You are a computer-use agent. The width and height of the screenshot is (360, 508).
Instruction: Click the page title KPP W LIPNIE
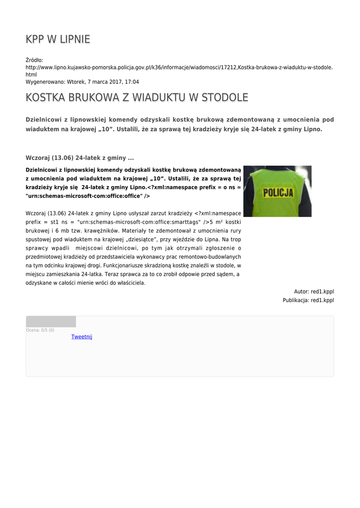[x=58, y=39]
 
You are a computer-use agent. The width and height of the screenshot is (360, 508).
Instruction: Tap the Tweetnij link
[x=81, y=337]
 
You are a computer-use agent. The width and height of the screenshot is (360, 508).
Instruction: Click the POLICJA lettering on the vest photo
[x=278, y=193]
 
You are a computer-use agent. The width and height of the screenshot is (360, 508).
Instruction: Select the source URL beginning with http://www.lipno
[x=179, y=66]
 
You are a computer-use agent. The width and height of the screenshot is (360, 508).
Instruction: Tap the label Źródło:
[x=34, y=60]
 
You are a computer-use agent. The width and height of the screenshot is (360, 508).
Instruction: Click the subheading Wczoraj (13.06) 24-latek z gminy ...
[x=79, y=158]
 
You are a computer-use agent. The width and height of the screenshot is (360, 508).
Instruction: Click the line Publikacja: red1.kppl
[x=308, y=300]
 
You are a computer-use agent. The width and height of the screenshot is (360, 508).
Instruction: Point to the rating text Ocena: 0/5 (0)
[x=40, y=330]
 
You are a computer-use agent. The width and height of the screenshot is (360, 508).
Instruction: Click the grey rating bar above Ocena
[x=51, y=321]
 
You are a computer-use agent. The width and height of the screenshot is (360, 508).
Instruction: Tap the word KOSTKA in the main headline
[x=45, y=97]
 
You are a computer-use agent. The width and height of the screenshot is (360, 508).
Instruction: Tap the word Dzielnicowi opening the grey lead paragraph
[x=43, y=120]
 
